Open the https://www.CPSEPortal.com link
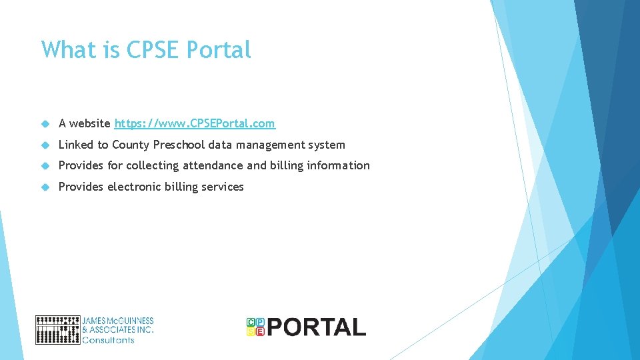[195, 123]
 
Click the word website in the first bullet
[90, 123]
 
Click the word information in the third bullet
[338, 165]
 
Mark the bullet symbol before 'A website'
[45, 124]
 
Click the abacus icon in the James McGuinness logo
[57, 330]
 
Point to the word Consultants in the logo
[108, 340]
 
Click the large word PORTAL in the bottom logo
[317, 327]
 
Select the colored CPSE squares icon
[255, 326]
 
